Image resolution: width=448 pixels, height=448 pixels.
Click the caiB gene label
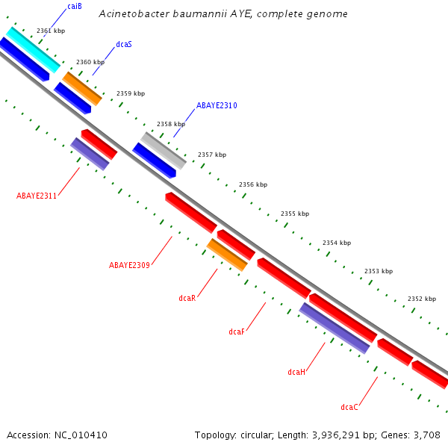point(74,7)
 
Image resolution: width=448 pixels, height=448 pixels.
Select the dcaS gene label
point(124,45)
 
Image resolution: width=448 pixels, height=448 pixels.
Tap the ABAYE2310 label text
point(217,106)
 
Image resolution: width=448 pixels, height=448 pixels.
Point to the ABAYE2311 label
point(37,196)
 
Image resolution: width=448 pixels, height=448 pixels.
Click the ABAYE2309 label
point(129,265)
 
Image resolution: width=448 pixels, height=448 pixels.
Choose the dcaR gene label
point(187,298)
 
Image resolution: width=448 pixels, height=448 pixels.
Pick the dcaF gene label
point(237,332)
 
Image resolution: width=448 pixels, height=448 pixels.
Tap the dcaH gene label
point(296,372)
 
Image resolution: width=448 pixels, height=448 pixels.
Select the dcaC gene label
point(349,407)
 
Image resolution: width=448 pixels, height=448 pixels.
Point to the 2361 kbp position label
point(51,31)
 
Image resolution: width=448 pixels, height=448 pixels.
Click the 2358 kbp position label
point(170,124)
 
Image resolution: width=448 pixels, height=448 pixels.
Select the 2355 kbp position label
point(294,214)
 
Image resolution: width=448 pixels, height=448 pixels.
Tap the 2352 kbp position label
point(421,299)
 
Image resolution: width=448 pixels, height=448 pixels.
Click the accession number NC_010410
point(80,435)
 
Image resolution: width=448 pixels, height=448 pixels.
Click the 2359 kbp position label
point(130,93)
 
